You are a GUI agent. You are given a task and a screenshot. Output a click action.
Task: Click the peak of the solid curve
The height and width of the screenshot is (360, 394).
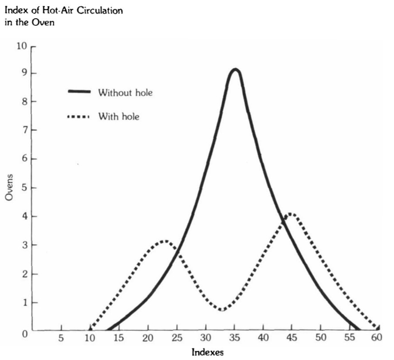[235, 70]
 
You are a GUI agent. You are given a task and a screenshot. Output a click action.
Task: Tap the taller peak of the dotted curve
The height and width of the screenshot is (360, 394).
[290, 214]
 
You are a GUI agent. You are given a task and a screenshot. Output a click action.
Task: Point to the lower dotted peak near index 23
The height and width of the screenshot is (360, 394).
[165, 242]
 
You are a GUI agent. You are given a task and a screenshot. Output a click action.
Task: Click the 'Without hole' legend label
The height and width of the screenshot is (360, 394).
[126, 93]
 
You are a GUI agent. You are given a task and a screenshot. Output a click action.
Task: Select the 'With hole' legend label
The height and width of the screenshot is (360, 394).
[119, 117]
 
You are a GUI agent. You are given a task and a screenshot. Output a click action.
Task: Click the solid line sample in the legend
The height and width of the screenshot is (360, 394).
[79, 91]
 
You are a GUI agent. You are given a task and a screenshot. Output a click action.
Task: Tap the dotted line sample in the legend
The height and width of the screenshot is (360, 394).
[79, 117]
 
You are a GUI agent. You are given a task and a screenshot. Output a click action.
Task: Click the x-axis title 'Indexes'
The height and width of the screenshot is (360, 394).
[208, 352]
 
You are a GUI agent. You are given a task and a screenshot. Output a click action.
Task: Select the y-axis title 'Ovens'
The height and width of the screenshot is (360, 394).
[9, 187]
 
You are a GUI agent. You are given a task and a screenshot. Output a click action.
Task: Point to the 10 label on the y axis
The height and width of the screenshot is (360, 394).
[22, 46]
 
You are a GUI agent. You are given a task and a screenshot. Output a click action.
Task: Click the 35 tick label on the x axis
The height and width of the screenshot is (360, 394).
[234, 338]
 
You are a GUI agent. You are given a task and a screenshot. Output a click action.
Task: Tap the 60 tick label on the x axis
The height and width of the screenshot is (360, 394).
[377, 337]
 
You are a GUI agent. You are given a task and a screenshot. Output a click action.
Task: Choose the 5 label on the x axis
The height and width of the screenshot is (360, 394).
[61, 338]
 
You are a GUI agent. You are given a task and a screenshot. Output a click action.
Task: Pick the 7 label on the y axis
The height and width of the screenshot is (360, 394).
[25, 130]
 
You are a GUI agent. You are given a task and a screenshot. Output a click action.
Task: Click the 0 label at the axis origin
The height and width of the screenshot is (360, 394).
[25, 334]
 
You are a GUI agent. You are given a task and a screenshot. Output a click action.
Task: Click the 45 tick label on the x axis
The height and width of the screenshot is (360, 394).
[292, 338]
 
